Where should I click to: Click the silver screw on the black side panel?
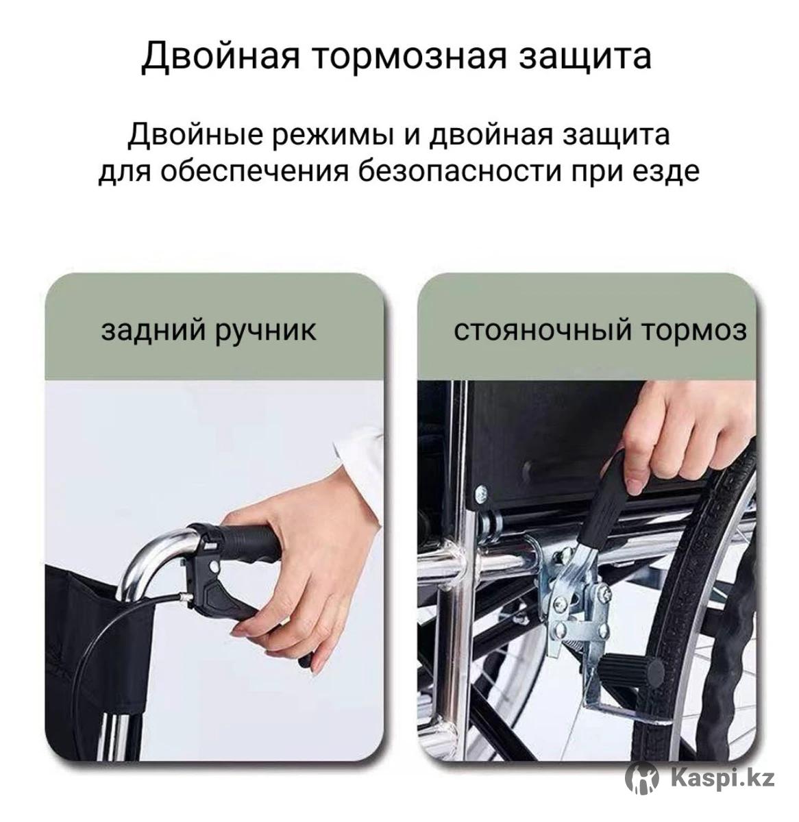pos(480,493)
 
